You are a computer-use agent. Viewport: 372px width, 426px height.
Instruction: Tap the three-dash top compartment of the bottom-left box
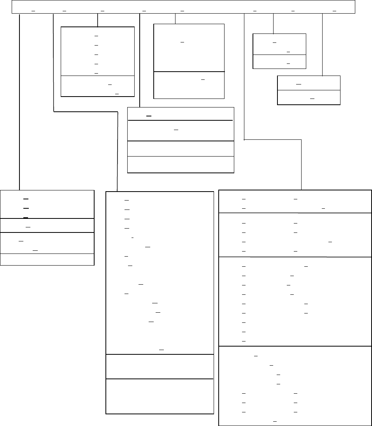pos(47,204)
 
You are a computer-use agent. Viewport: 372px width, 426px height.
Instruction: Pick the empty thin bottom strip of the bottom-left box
pos(47,260)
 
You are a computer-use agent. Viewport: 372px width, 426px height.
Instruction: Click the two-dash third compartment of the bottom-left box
pos(47,243)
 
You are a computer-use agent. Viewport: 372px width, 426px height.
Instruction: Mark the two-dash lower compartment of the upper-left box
pos(98,86)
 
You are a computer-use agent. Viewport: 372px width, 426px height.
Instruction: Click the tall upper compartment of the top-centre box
pos(189,48)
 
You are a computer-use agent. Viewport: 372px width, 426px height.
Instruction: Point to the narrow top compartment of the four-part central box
pos(181,114)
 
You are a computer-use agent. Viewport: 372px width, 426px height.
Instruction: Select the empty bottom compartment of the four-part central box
pos(181,165)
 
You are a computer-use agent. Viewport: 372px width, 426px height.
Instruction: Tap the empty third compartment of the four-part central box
pos(181,148)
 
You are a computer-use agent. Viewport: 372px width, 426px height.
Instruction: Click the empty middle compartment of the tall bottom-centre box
pos(160,366)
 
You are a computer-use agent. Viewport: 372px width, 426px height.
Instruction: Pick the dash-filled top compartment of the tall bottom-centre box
pos(160,273)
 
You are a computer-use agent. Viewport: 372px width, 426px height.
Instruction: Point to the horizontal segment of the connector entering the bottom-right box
pos(272,139)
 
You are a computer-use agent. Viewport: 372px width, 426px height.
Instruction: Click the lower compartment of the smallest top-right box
pos(279,62)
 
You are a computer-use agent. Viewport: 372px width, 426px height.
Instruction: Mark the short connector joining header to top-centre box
pos(175,18)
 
